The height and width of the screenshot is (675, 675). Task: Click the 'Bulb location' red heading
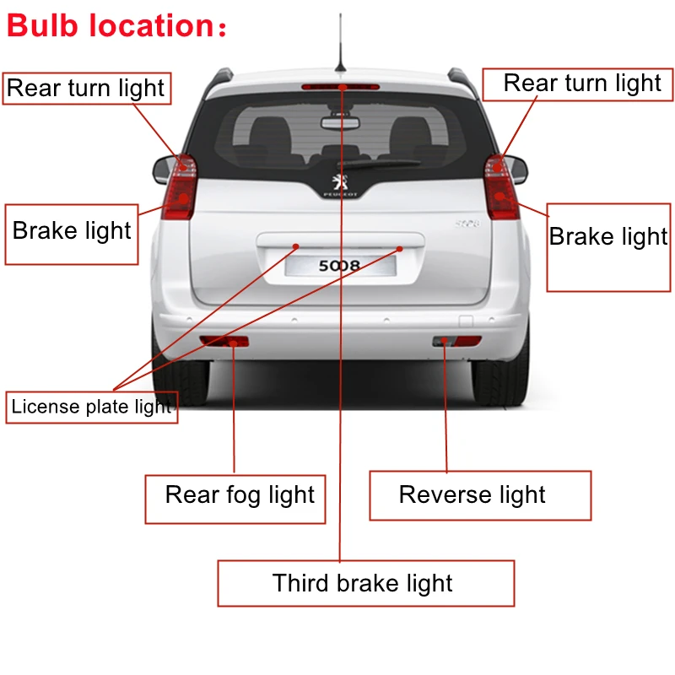[116, 25]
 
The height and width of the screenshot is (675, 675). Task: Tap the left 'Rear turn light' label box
[86, 89]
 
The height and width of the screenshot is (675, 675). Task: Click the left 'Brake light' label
[72, 231]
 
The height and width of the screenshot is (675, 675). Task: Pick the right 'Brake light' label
[608, 237]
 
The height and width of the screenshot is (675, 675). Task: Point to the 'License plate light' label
[92, 407]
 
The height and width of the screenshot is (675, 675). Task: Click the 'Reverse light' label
[472, 495]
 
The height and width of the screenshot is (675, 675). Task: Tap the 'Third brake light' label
[363, 583]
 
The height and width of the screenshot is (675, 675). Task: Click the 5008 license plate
[340, 267]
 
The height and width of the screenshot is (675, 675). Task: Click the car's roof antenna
[341, 46]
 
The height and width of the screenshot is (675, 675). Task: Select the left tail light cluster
[180, 187]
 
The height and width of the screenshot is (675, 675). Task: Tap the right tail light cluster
[501, 187]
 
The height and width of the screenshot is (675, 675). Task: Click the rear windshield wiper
[380, 164]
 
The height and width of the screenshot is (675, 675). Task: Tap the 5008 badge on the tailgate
[467, 224]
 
